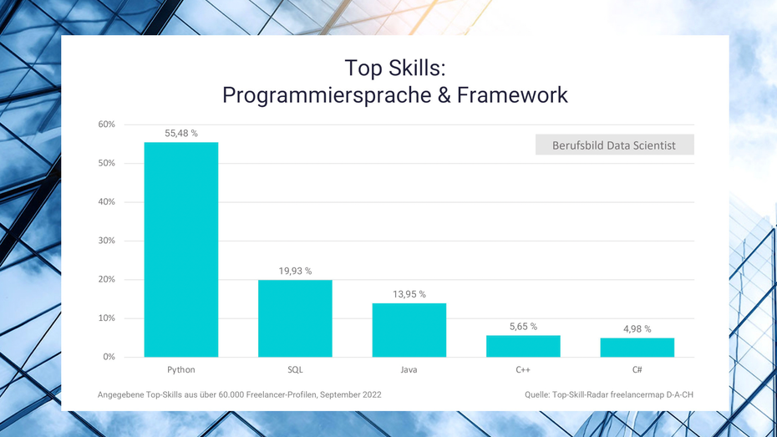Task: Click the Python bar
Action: (180, 250)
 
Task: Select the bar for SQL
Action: (295, 318)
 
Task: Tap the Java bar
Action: (409, 330)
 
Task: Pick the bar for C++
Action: (523, 346)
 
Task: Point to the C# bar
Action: (637, 348)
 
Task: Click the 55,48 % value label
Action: (180, 134)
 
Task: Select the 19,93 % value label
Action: (295, 271)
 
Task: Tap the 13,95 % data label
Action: (409, 294)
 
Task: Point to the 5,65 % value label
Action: (523, 327)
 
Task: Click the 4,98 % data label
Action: (637, 329)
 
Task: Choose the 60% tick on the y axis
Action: (107, 124)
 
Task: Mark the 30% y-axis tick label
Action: (107, 241)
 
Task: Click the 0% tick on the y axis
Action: (109, 357)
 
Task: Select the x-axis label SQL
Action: (295, 369)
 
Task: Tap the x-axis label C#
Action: (637, 369)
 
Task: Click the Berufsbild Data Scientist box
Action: (614, 145)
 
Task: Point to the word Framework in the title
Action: (512, 95)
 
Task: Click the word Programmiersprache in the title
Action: (327, 95)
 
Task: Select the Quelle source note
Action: (609, 395)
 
